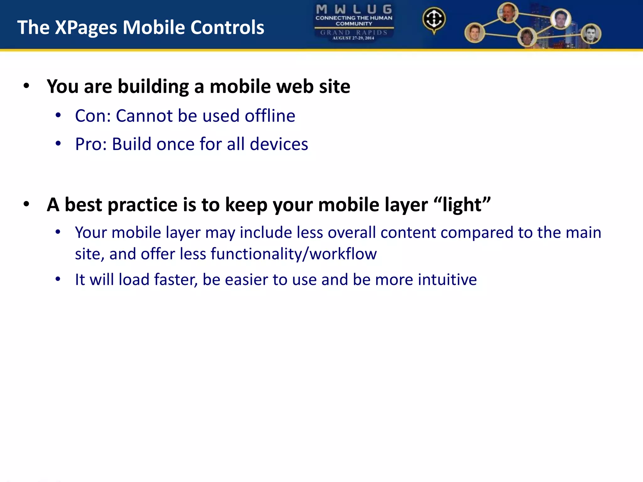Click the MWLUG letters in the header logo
pyautogui.click(x=354, y=9)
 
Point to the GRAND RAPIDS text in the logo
pyautogui.click(x=354, y=32)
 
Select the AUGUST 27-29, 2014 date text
pyautogui.click(x=353, y=38)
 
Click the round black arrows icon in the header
pyautogui.click(x=434, y=19)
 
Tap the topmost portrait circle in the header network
pyautogui.click(x=508, y=13)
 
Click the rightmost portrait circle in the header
pyautogui.click(x=591, y=34)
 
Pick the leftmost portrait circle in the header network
pyautogui.click(x=474, y=33)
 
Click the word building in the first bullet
pyautogui.click(x=153, y=87)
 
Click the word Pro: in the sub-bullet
pyautogui.click(x=91, y=144)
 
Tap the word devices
pyautogui.click(x=279, y=144)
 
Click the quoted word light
pyautogui.click(x=462, y=205)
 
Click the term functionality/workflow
pyautogui.click(x=294, y=254)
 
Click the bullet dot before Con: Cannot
pyautogui.click(x=58, y=115)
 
